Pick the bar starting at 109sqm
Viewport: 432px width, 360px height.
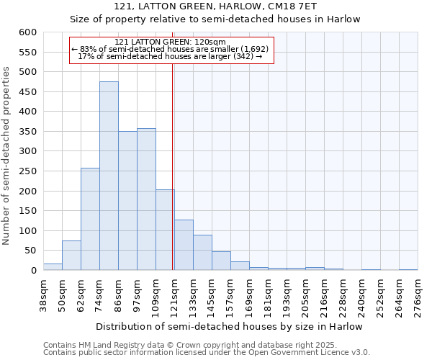click(165, 230)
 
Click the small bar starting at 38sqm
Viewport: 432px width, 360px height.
click(53, 267)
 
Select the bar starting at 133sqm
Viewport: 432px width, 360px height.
click(202, 253)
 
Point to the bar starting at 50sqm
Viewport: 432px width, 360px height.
click(71, 256)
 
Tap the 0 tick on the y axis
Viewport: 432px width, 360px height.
click(33, 271)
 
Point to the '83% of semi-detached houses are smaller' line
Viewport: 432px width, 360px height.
click(171, 49)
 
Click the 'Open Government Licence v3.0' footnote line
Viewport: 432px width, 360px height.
click(207, 353)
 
